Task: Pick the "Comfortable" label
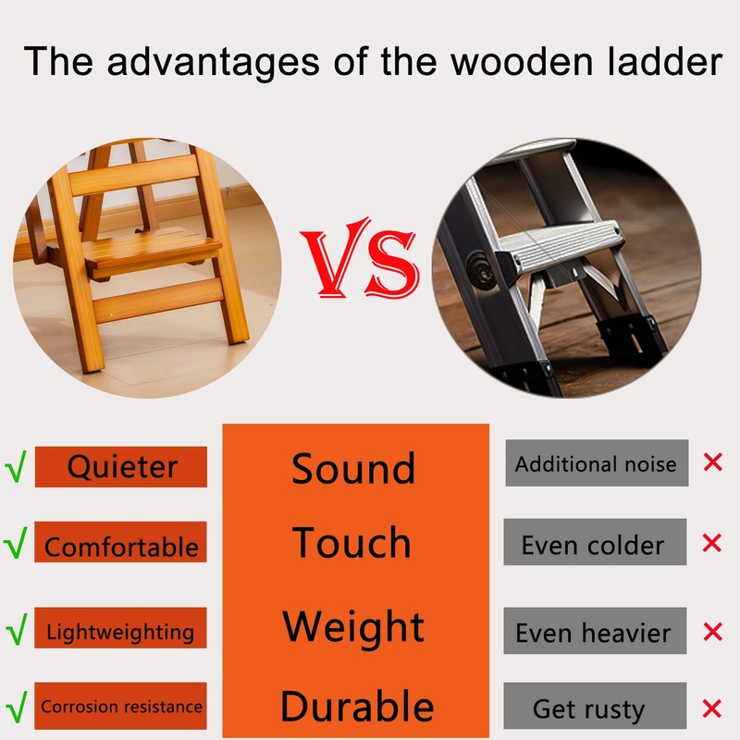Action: tap(121, 545)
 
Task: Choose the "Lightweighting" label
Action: tap(120, 632)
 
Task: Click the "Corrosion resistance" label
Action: tap(120, 707)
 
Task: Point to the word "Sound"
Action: tap(353, 469)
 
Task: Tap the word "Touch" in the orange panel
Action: tap(352, 543)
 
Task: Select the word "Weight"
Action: tap(353, 626)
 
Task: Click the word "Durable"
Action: tap(356, 707)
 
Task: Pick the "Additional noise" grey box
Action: tap(597, 463)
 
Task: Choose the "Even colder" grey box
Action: tap(595, 543)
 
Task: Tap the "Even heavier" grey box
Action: tap(595, 632)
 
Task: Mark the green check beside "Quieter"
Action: tap(15, 464)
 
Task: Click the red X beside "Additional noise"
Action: tap(712, 462)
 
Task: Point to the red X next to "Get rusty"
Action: tap(712, 709)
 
